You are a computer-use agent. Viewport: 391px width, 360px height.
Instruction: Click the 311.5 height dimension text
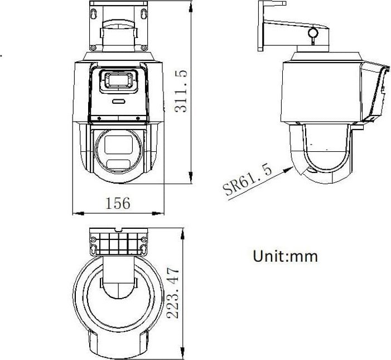pos(180,92)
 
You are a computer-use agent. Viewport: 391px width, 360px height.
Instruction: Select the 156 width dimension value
pos(118,203)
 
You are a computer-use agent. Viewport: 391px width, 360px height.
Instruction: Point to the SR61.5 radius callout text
pos(249,180)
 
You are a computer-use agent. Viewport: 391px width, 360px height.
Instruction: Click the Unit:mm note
pos(285,256)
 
